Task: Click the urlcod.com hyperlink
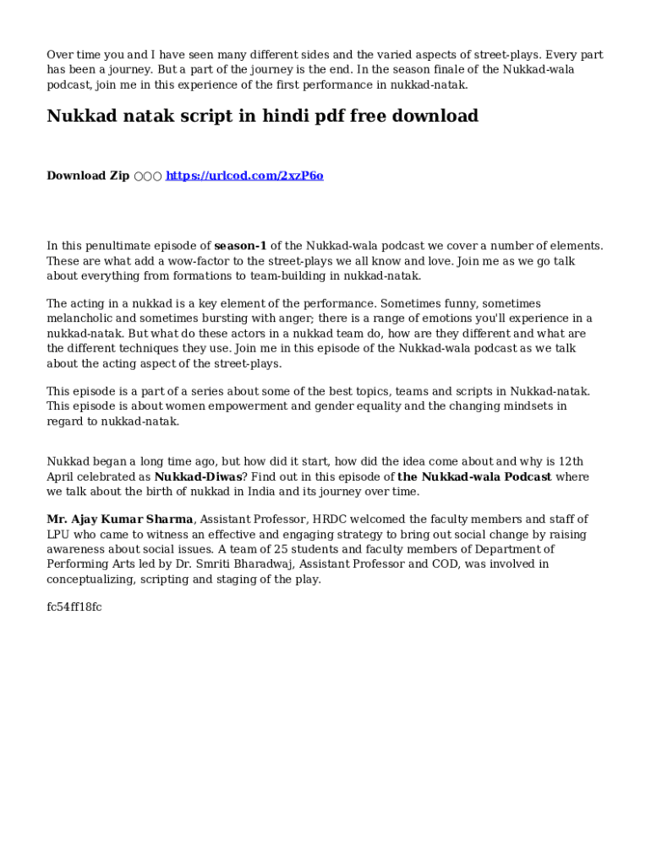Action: (244, 176)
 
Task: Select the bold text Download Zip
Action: (88, 176)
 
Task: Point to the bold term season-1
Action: (240, 246)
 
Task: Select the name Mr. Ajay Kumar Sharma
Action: (120, 520)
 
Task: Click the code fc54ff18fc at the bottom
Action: (74, 607)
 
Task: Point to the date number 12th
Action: (571, 461)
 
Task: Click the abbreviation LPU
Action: (59, 535)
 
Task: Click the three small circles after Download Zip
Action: (147, 176)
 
